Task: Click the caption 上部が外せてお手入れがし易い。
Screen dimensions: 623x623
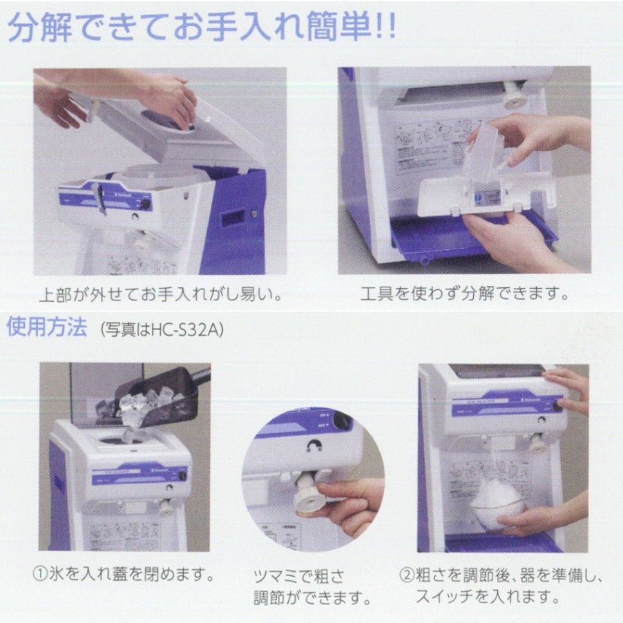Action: pos(160,294)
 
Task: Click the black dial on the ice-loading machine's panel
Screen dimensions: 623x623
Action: pos(182,475)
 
